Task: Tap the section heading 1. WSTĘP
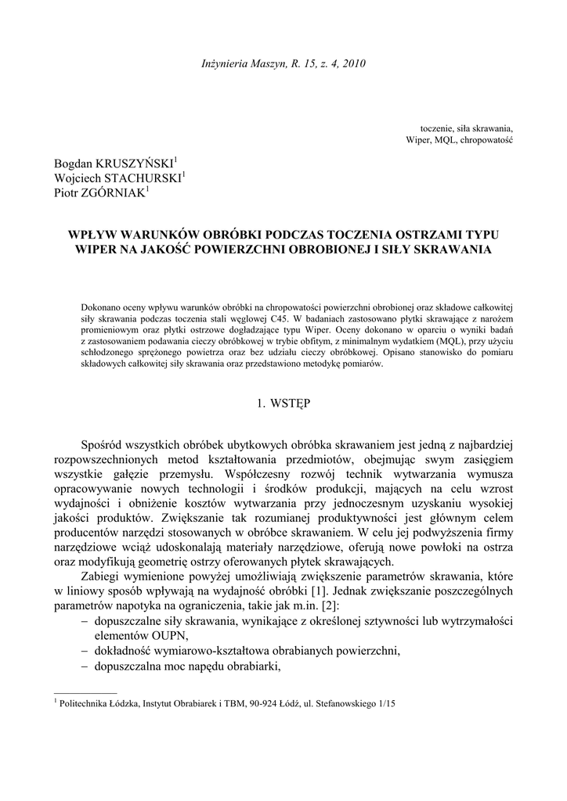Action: [x=283, y=404]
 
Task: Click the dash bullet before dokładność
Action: [x=85, y=651]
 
